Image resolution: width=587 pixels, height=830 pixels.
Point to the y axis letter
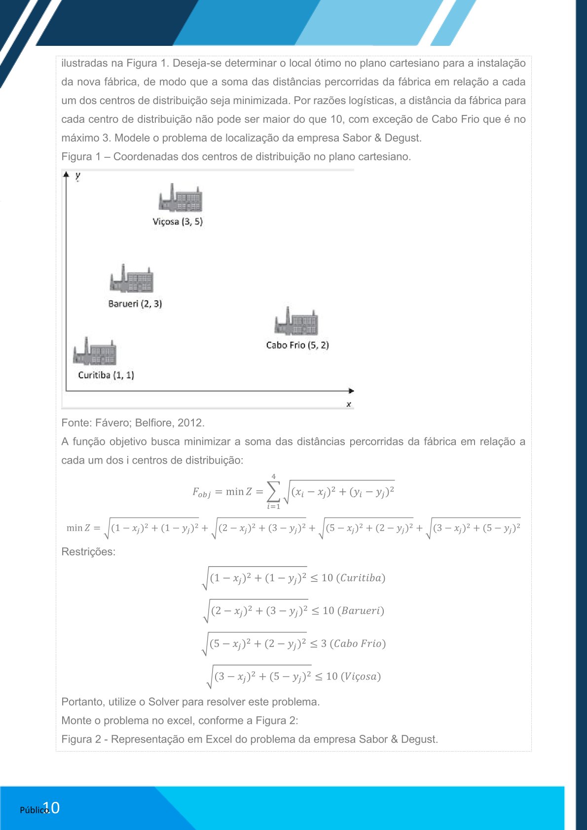point(78,176)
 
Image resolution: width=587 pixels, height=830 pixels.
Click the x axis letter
point(349,404)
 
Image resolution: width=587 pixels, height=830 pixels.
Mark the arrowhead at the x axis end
point(351,391)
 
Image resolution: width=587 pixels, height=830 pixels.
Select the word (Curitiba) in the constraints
point(361,577)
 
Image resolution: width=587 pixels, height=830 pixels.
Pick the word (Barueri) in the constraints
point(361,611)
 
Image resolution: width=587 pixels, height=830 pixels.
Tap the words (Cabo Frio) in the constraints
point(358,644)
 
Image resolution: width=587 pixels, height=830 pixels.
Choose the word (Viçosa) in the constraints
point(361,676)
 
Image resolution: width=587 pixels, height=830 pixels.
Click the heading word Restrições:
point(88,552)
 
